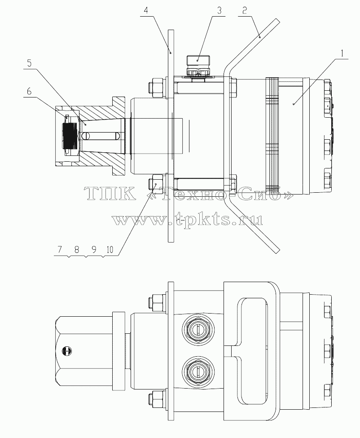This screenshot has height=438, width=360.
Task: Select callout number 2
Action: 245,11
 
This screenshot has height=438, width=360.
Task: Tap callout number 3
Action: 220,11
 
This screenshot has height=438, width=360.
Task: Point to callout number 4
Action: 146,11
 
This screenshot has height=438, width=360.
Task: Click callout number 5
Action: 29,63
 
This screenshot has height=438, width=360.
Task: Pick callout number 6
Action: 29,91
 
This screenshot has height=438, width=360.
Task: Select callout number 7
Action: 59,249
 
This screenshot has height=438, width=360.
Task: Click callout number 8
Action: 77,249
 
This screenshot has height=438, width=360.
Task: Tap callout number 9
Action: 94,249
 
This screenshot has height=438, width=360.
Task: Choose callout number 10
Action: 110,249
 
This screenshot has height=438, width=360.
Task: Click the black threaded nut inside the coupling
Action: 69,136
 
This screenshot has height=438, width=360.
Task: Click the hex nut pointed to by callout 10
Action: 158,184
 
